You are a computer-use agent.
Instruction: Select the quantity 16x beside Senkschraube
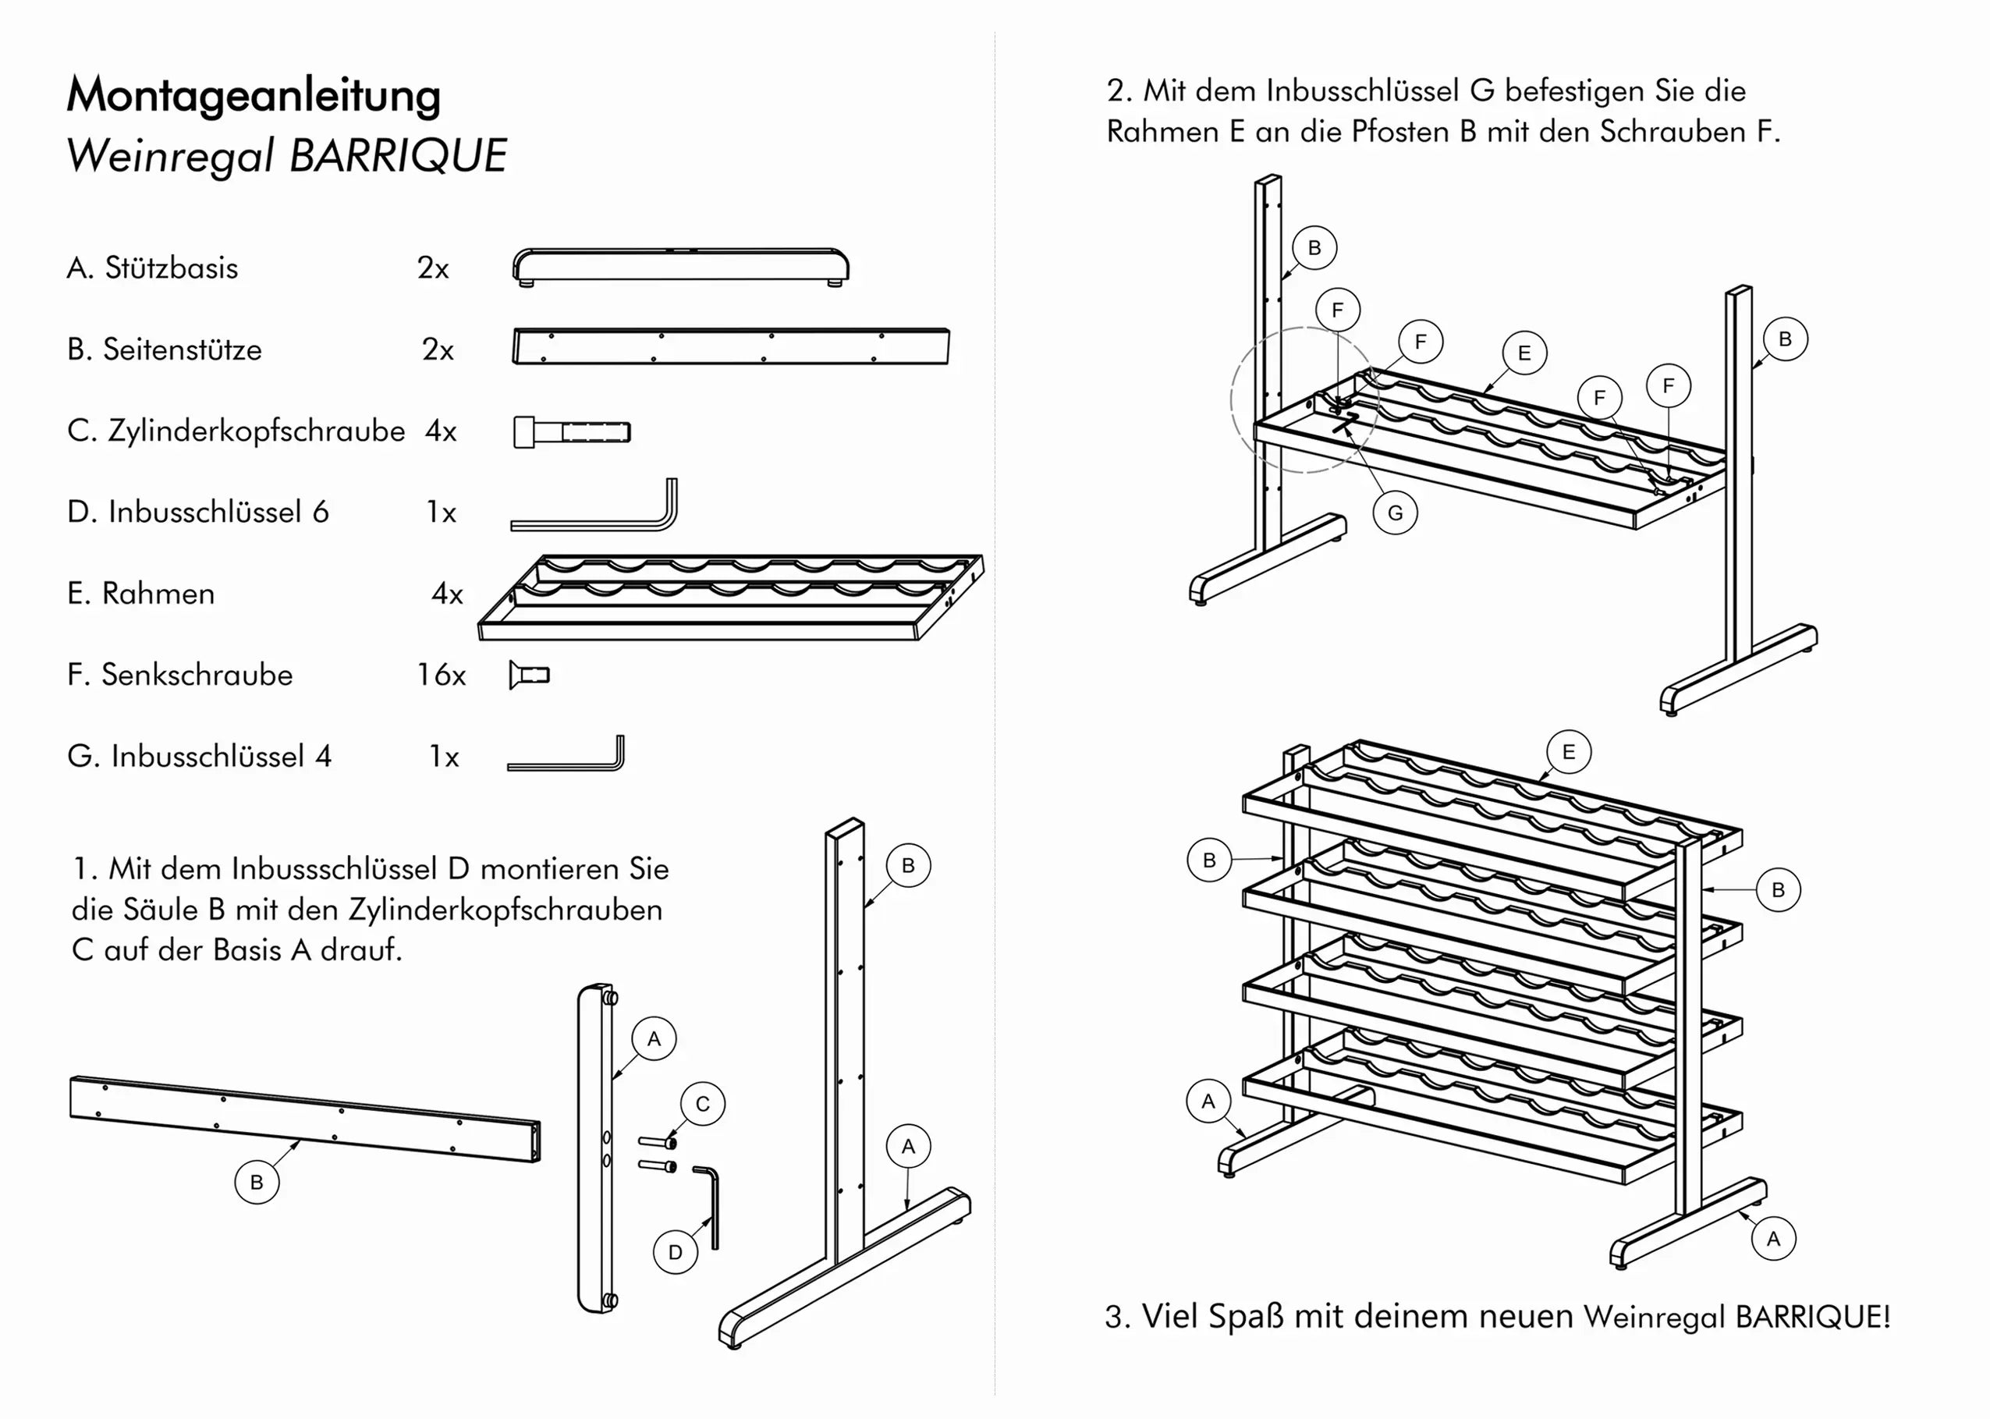[x=442, y=675]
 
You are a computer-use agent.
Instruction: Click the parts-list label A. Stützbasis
[x=152, y=268]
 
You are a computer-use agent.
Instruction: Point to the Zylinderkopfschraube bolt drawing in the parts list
[x=571, y=431]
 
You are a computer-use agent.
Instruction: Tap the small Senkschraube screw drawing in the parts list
[x=530, y=675]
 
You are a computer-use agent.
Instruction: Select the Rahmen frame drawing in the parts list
[x=730, y=597]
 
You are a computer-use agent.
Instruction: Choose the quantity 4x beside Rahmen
[x=446, y=594]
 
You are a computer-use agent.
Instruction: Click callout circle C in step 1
[x=702, y=1104]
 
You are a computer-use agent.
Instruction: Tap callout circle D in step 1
[x=676, y=1251]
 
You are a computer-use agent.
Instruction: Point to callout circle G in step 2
[x=1395, y=513]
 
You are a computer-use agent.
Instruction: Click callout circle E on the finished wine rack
[x=1568, y=751]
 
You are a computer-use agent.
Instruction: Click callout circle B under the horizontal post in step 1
[x=257, y=1181]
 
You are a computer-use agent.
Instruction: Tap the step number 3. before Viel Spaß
[x=1117, y=1316]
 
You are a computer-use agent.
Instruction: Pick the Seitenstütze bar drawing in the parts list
[x=730, y=347]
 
